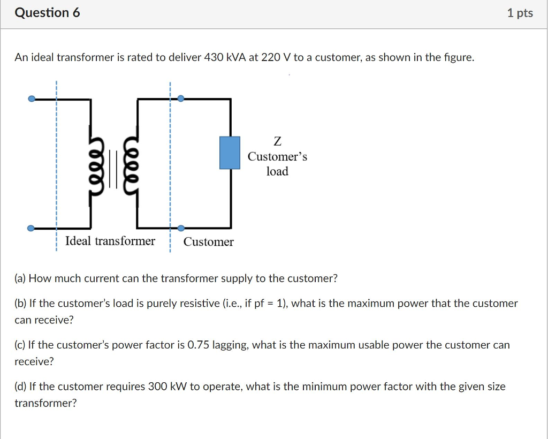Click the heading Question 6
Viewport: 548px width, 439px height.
pos(47,13)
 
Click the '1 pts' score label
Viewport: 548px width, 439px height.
pos(520,13)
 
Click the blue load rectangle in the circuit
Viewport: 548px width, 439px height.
pos(230,153)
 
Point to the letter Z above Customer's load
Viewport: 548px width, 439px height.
pos(277,142)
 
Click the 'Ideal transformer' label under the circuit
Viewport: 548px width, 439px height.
pos(110,241)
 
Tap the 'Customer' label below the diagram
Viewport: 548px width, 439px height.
pos(208,242)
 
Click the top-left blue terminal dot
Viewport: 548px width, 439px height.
pos(32,99)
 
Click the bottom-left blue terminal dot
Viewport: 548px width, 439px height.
pos(32,229)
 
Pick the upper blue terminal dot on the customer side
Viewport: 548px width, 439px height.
pos(181,99)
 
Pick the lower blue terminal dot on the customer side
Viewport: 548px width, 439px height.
pos(181,229)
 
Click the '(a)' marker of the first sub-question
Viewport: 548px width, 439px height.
pos(20,278)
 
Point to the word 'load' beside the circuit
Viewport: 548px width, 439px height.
pos(277,171)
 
